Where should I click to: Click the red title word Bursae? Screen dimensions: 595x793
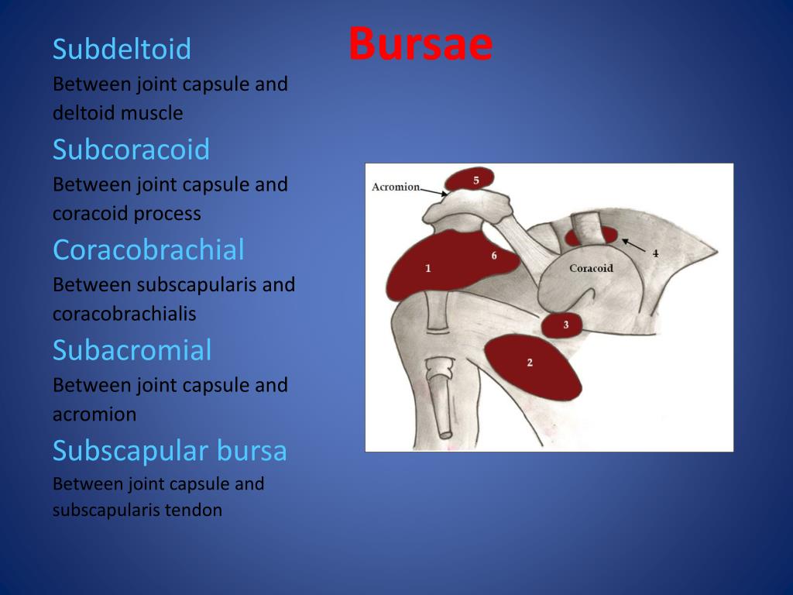(420, 45)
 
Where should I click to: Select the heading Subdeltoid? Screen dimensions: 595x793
(122, 49)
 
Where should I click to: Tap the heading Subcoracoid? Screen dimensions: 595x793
(131, 149)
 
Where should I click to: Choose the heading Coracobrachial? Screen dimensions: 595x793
(148, 249)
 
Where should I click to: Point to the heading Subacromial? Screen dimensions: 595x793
(132, 350)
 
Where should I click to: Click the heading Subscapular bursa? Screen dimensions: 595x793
(170, 450)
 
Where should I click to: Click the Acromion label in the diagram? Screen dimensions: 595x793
(395, 187)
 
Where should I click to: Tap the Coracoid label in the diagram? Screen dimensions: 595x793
(591, 268)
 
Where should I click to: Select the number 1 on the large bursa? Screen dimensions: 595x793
(427, 268)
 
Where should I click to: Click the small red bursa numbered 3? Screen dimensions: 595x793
(563, 325)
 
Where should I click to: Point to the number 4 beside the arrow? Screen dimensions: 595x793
(655, 253)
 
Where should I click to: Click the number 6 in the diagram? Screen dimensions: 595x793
(493, 255)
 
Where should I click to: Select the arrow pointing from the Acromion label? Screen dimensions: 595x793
(434, 191)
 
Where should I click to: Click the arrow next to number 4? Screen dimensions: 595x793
(634, 245)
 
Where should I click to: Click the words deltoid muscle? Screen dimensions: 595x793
(118, 113)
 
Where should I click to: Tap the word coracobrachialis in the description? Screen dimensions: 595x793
(124, 314)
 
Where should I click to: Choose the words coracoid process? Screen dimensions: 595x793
(126, 213)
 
